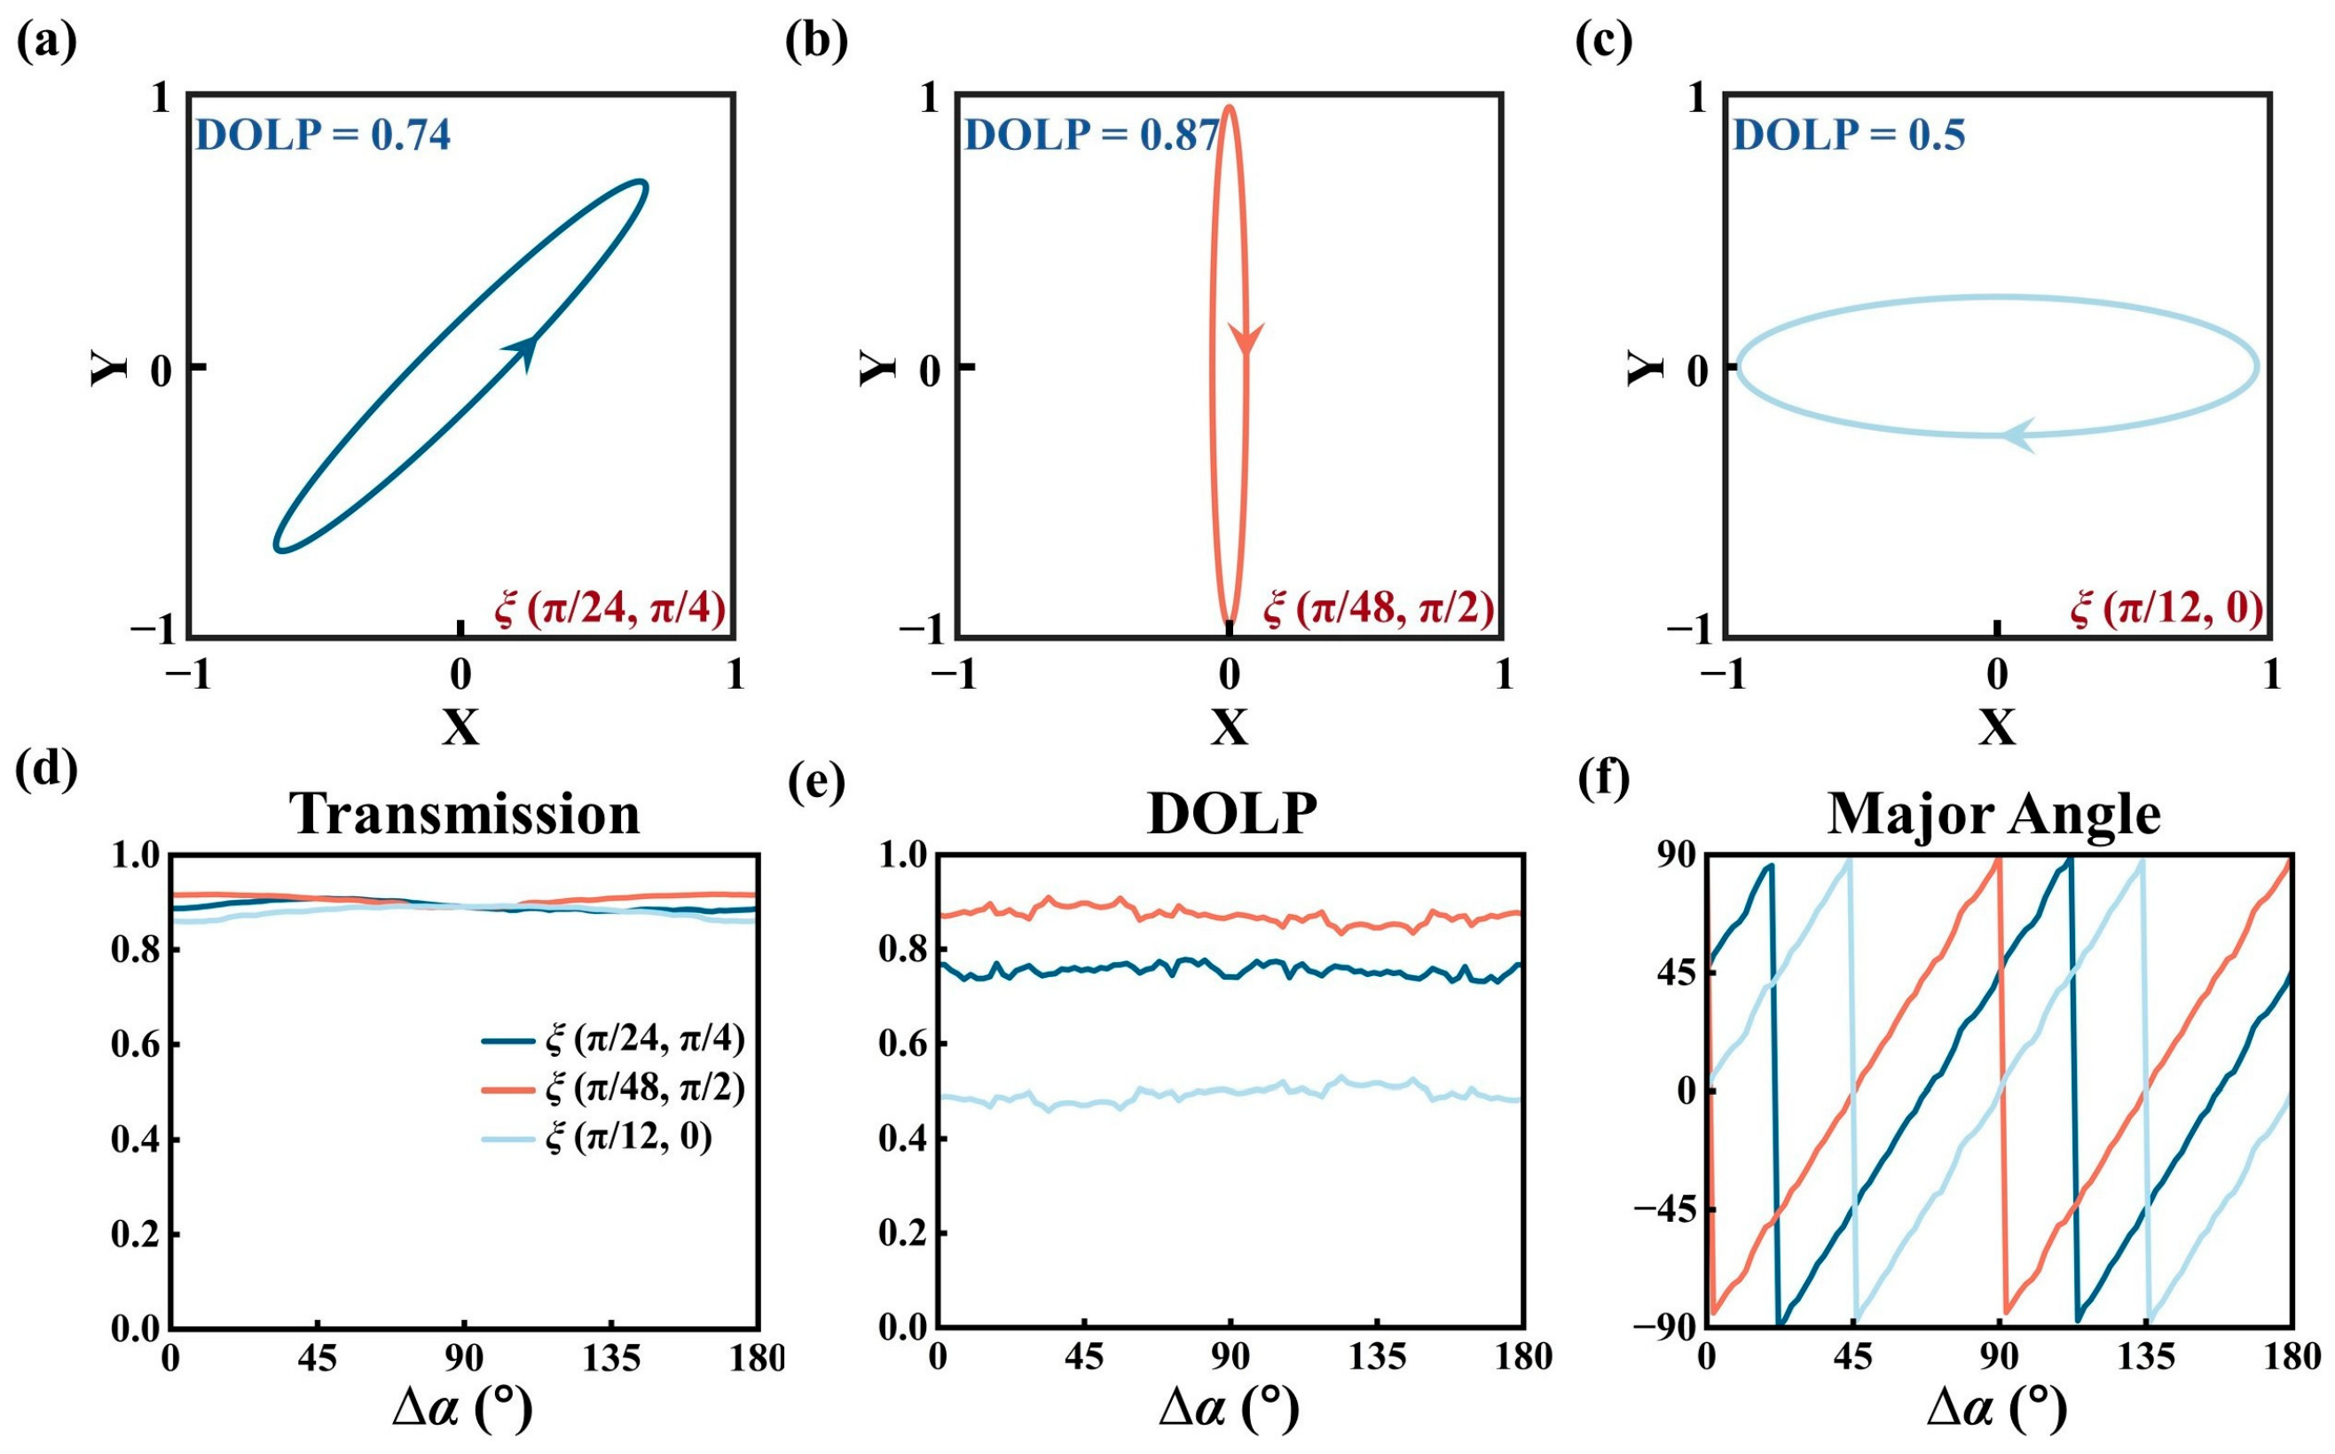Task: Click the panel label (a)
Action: tap(46, 43)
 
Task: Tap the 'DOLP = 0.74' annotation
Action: tap(323, 136)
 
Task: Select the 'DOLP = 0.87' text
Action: tap(1092, 136)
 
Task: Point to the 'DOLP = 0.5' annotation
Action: tap(1848, 136)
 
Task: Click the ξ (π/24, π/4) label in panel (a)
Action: tap(610, 609)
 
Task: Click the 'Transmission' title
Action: tap(465, 814)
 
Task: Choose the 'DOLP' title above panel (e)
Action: tap(1231, 814)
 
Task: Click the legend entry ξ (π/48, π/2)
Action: tap(646, 1088)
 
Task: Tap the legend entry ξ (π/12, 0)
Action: tap(629, 1137)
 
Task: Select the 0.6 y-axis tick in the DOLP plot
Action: tap(902, 1044)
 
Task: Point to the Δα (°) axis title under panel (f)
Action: tap(1997, 1410)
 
